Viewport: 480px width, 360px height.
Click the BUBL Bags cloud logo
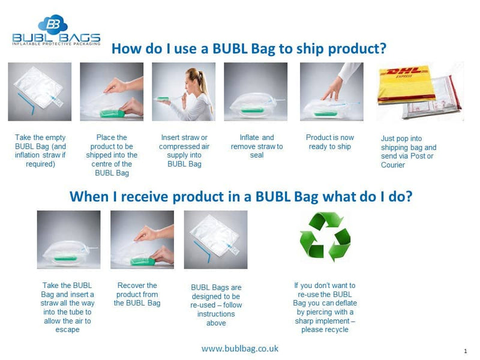click(52, 25)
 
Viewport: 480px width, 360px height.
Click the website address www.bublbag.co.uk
click(240, 349)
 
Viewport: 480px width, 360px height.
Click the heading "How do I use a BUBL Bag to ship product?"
click(249, 49)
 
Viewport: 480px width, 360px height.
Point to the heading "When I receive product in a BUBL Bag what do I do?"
click(241, 196)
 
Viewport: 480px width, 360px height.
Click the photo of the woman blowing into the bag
click(184, 92)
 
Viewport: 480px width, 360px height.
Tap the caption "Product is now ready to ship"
click(329, 142)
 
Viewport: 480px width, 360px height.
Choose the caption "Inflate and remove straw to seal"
click(256, 146)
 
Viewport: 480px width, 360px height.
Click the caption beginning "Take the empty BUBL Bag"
click(40, 151)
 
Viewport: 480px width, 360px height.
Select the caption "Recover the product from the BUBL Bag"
click(137, 294)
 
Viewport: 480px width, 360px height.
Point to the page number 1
click(466, 350)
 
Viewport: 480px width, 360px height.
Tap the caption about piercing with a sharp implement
click(325, 307)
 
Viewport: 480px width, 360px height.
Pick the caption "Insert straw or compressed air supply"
click(184, 151)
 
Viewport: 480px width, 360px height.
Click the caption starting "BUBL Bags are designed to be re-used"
click(216, 305)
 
